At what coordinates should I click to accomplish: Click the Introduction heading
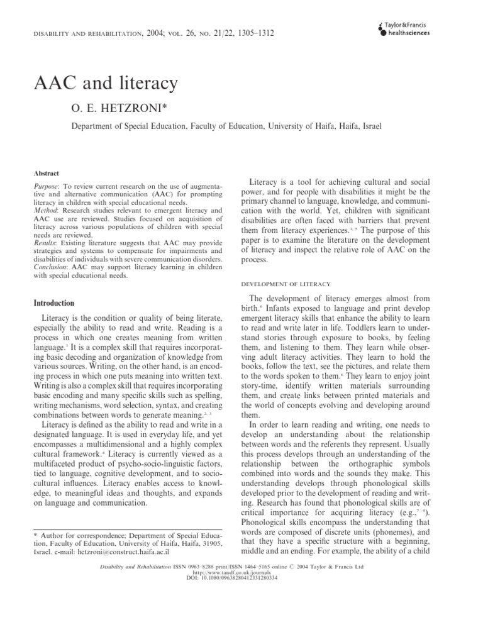54,303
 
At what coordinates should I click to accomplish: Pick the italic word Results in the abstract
43,241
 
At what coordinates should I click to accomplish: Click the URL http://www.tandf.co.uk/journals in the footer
241,574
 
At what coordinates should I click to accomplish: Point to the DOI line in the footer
241,579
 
